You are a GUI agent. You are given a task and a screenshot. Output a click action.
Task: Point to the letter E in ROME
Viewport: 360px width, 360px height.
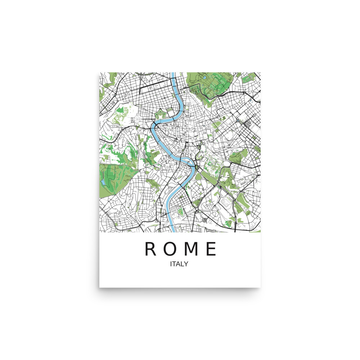click(x=211, y=249)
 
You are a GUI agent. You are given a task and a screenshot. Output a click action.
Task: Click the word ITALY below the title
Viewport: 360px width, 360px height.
click(x=179, y=264)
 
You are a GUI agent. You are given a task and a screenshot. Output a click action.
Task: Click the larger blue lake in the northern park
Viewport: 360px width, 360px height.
click(x=204, y=77)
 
